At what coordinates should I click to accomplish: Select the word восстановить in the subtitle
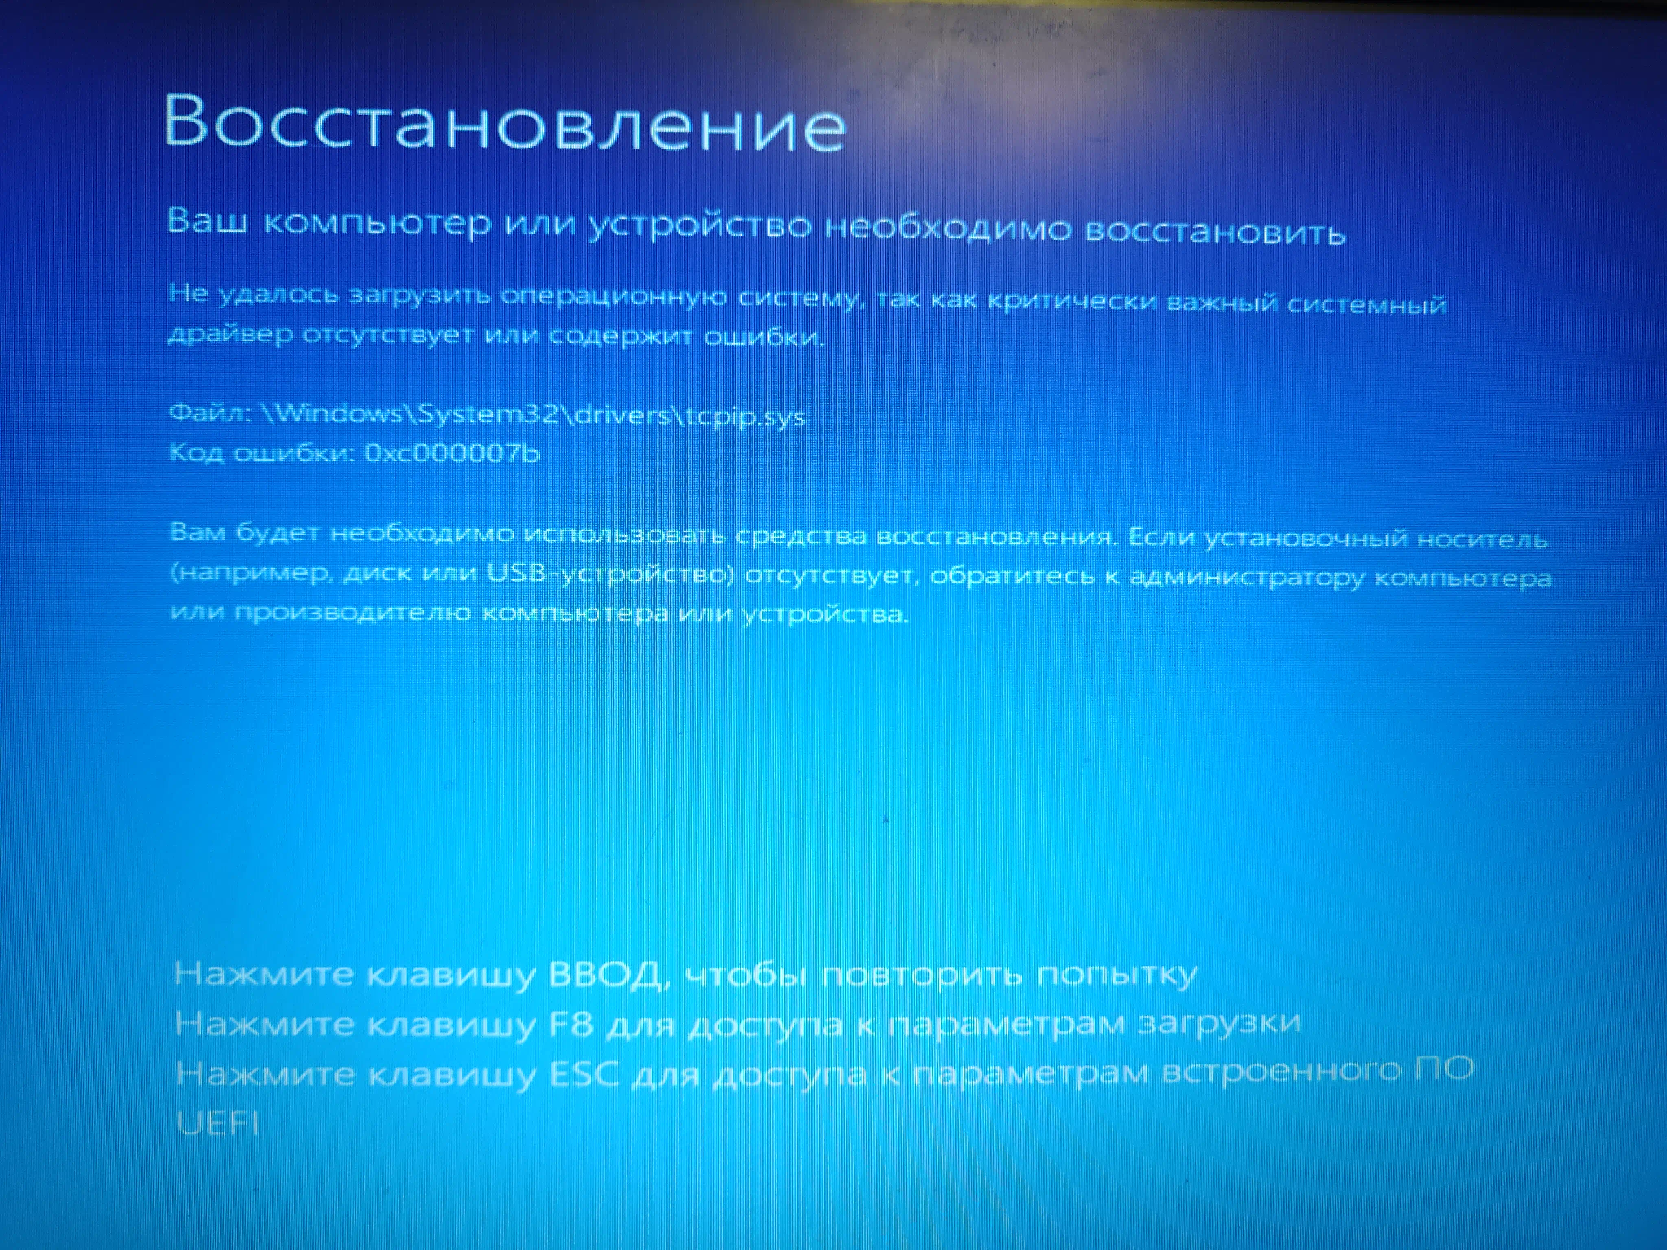[x=1215, y=231]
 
